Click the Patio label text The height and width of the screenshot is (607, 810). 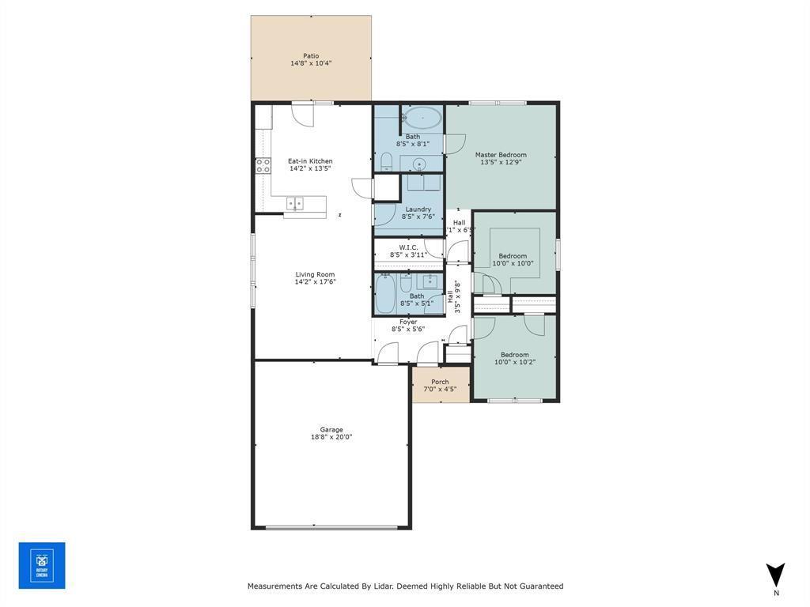point(311,56)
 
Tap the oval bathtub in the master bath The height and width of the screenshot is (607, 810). point(422,119)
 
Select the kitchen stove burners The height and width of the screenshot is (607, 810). point(263,165)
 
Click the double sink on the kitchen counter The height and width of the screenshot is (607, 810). point(294,203)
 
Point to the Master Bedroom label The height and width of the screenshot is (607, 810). point(501,155)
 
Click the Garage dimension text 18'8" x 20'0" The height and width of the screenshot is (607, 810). point(331,436)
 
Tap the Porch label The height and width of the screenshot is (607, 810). point(440,382)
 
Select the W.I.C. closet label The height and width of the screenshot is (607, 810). point(408,247)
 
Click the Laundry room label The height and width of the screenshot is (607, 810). point(418,209)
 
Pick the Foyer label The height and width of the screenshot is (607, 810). point(408,322)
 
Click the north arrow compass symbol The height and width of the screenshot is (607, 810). point(775,575)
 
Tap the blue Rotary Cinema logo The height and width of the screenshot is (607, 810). point(42,565)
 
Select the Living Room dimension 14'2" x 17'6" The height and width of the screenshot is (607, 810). point(315,281)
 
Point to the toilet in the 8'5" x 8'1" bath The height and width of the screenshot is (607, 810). point(387,162)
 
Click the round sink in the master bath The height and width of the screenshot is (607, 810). point(420,164)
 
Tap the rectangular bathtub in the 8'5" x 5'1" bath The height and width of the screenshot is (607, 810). point(385,294)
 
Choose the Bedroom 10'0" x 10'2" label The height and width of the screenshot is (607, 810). point(514,362)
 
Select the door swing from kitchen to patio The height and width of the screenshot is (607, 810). point(301,115)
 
